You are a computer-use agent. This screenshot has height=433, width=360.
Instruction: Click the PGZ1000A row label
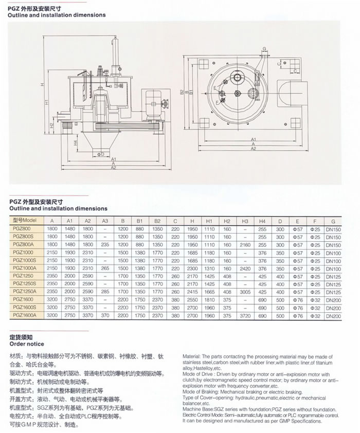point(23,269)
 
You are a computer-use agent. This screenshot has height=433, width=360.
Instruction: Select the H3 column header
point(245,221)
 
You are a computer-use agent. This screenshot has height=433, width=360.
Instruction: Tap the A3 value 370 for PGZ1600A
point(105,316)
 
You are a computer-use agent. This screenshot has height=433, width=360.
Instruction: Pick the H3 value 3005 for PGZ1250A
point(245,292)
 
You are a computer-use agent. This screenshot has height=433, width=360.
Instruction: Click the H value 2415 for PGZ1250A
point(192,292)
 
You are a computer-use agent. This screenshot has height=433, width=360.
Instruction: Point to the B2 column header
point(157,221)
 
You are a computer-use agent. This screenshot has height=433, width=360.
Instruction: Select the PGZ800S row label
point(21,237)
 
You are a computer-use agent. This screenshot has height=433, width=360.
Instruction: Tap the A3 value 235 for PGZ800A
point(105,245)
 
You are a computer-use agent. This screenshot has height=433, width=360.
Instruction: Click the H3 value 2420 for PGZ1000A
point(245,269)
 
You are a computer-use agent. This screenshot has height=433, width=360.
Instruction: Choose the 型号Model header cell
point(23,221)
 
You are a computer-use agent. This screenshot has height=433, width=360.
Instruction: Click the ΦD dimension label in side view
point(101,153)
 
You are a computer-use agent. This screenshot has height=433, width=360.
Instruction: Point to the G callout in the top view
point(263,49)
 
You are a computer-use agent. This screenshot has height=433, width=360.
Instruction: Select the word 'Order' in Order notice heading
point(18,344)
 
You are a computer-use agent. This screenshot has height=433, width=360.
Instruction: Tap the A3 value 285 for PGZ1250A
point(105,292)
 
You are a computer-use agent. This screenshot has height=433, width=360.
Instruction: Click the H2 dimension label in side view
point(52,125)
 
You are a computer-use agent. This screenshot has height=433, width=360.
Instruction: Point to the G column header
point(333,221)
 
